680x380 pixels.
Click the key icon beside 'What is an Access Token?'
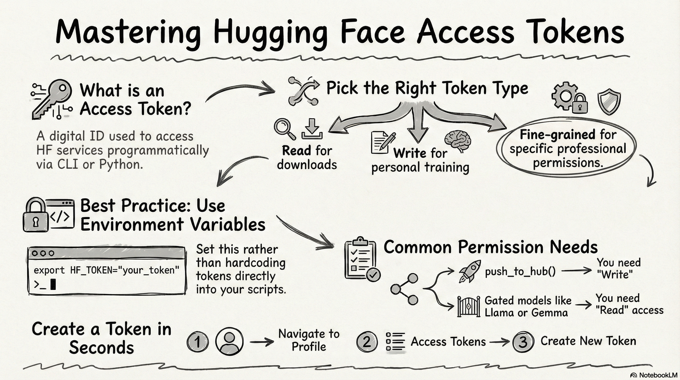tap(53, 99)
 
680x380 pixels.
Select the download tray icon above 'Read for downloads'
tap(312, 129)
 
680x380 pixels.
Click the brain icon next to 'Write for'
tap(458, 140)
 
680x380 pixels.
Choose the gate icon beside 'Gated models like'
tap(468, 307)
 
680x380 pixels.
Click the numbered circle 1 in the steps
tap(197, 342)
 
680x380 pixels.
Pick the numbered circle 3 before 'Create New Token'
tap(523, 342)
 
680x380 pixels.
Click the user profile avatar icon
tap(229, 341)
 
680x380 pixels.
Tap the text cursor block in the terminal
tap(53, 285)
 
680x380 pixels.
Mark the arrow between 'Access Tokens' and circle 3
tap(500, 342)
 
